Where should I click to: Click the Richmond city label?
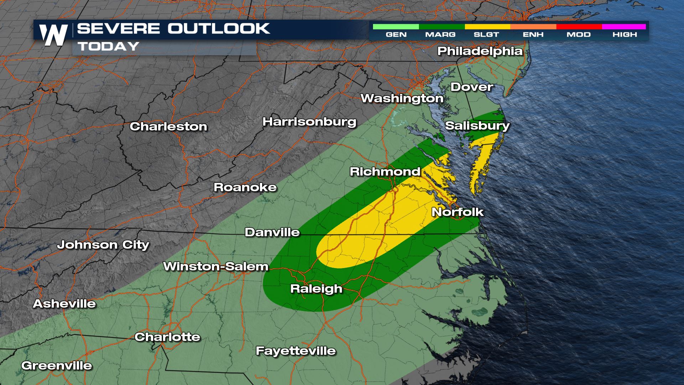[x=385, y=171]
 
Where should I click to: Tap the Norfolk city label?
[x=457, y=212]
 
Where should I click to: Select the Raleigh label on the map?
[x=316, y=288]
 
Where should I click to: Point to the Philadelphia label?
[x=480, y=51]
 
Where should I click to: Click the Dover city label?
[x=472, y=87]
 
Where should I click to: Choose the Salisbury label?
[x=477, y=125]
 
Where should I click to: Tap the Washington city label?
[x=402, y=98]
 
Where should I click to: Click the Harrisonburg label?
[x=309, y=122]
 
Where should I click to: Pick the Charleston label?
[x=168, y=127]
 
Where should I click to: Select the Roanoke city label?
[x=245, y=188]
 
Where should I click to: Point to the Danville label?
[x=272, y=232]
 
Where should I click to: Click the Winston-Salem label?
[x=216, y=266]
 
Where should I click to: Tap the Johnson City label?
[x=103, y=245]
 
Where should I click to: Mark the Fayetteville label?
[x=296, y=351]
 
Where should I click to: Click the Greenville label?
[x=57, y=365]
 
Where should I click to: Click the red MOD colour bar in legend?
[x=579, y=27]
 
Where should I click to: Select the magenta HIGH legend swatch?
[x=624, y=27]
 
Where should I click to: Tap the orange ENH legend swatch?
[x=533, y=27]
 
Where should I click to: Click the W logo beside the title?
[x=53, y=35]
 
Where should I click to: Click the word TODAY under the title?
[x=108, y=46]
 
